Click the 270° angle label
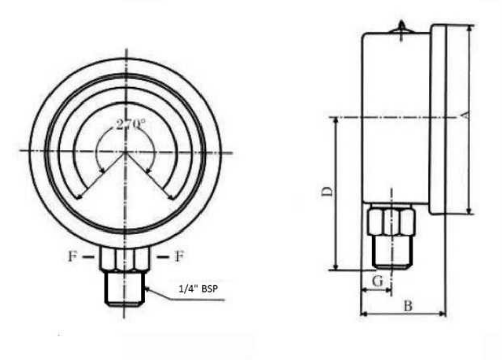tap(131, 124)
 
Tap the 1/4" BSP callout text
tap(198, 289)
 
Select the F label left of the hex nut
tap(72, 256)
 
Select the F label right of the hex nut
tap(180, 256)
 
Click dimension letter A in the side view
tap(466, 115)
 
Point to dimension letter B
tap(408, 305)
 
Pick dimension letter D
tap(327, 191)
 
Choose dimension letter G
tap(378, 281)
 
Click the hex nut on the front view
tap(124, 259)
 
